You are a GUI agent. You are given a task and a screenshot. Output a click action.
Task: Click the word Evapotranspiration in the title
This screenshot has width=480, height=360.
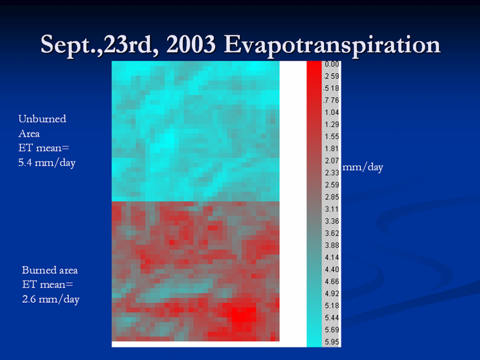(331, 45)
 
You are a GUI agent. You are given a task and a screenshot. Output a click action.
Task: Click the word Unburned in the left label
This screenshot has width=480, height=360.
(42, 119)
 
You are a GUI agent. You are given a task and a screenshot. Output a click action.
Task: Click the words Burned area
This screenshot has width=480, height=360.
(50, 270)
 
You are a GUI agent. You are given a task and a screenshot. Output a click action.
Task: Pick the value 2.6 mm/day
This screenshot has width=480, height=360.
(51, 300)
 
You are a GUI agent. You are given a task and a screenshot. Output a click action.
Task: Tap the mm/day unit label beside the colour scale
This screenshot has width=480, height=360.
(363, 167)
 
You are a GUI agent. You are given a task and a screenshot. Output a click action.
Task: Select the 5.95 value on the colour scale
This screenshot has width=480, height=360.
(331, 342)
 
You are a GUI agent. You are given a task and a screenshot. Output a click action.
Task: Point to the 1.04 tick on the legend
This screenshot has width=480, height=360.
(331, 112)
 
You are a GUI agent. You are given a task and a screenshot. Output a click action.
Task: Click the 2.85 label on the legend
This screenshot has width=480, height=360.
(331, 197)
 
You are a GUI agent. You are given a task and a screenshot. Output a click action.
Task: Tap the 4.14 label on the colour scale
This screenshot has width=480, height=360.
(331, 257)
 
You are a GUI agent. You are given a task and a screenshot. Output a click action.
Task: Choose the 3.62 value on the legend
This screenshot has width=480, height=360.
(331, 233)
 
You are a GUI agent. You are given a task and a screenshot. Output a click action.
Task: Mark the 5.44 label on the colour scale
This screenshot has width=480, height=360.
(331, 318)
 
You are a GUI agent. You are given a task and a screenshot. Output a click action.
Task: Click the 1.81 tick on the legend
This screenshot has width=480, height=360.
(331, 149)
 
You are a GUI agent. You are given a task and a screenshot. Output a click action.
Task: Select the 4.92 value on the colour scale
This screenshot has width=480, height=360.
(331, 293)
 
